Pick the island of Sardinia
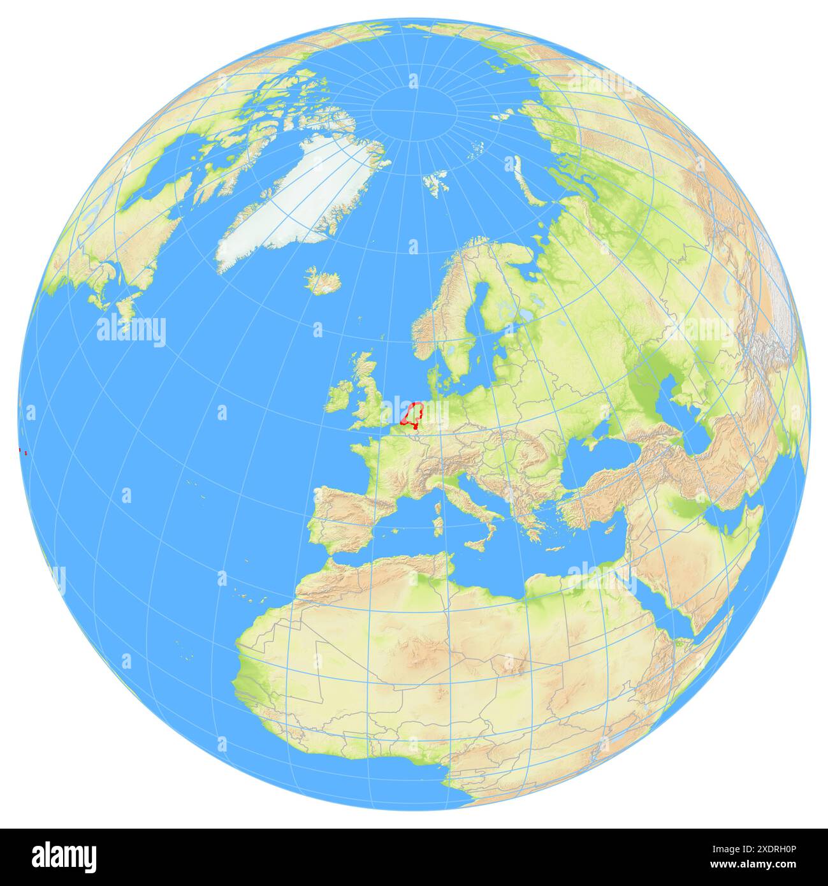pos(438,526)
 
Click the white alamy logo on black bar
pos(64,857)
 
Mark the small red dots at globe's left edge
pos(22,452)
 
